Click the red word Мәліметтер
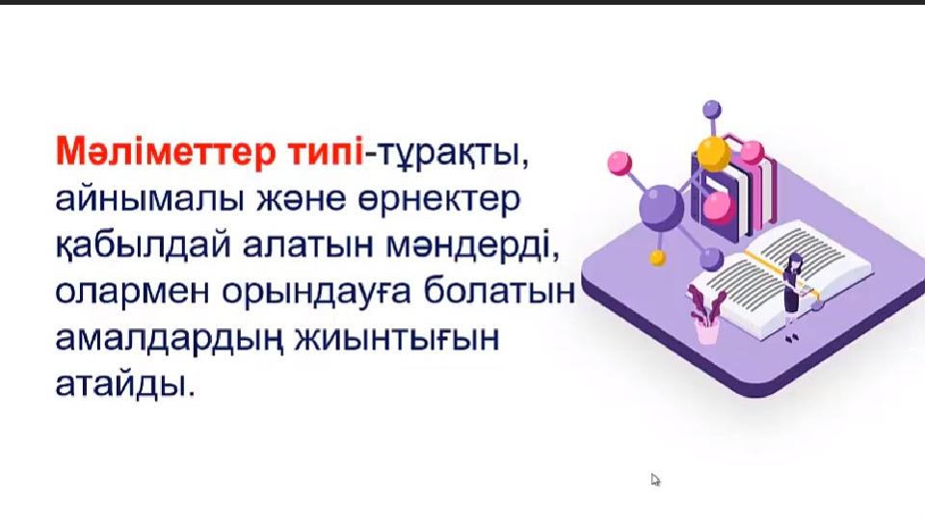pyautogui.click(x=166, y=152)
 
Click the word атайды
pyautogui.click(x=124, y=385)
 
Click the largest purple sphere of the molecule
pyautogui.click(x=662, y=206)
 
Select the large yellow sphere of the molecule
pyautogui.click(x=713, y=153)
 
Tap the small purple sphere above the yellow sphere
pyautogui.click(x=712, y=109)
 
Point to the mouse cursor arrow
pyautogui.click(x=655, y=480)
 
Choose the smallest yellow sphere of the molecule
pyautogui.click(x=657, y=258)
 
